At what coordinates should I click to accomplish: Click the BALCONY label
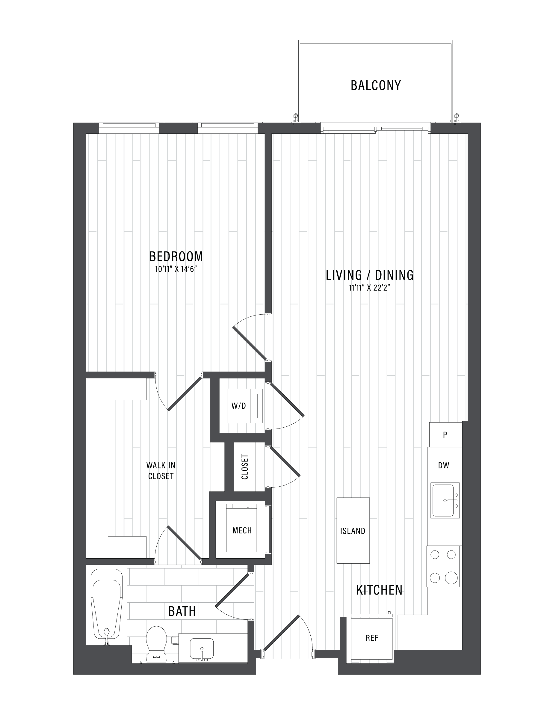point(375,85)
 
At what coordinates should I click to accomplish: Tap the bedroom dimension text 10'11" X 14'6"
point(176,269)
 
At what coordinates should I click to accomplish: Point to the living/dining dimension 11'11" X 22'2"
point(369,288)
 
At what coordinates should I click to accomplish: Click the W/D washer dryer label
point(238,406)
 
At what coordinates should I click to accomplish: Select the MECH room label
point(242,530)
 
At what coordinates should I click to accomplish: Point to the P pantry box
point(445,435)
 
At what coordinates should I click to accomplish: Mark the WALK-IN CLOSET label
point(161,471)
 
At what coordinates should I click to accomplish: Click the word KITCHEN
point(379,590)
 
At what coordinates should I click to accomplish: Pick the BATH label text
point(182,611)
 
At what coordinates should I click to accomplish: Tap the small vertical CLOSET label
point(245,467)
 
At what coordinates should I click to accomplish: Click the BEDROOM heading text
point(176,256)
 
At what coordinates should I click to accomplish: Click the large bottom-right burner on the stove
point(451,578)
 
